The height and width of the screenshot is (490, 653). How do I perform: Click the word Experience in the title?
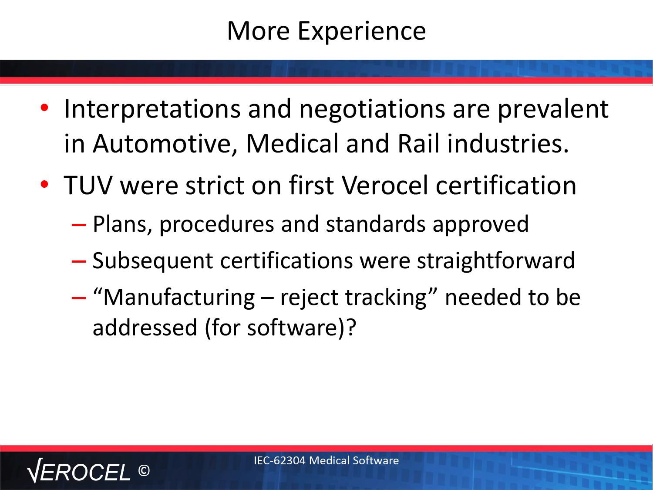tap(362, 31)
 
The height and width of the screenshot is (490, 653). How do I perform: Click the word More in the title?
tap(258, 30)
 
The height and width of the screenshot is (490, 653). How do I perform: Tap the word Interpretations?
tap(152, 109)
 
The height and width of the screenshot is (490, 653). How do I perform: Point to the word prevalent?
tap(553, 109)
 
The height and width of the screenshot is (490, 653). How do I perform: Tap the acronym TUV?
tap(88, 186)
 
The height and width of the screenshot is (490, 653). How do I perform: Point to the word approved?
tap(481, 225)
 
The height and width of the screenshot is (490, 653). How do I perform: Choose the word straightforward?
tap(495, 260)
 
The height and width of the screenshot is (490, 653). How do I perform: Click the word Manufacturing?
tap(179, 298)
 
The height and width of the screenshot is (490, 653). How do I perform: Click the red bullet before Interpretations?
tap(44, 108)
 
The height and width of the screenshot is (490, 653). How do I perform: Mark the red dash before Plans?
tap(79, 225)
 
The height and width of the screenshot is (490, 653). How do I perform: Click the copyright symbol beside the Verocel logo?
tap(144, 470)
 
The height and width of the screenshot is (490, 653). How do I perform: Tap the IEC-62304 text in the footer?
tap(279, 460)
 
